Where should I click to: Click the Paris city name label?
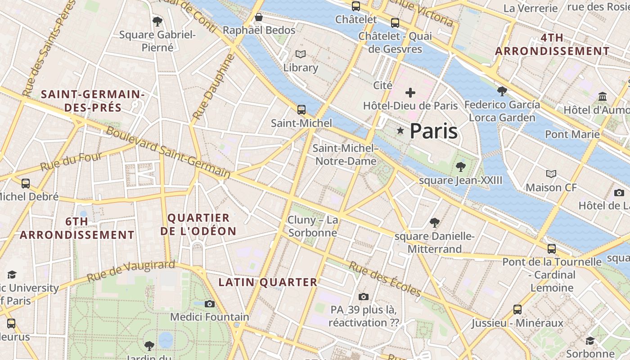(x=433, y=131)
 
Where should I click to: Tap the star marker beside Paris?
(x=400, y=130)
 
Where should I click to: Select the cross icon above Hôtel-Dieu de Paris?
(x=410, y=93)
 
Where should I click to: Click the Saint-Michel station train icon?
(x=301, y=109)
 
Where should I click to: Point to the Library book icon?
(x=301, y=54)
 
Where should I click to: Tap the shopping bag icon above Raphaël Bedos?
(x=259, y=17)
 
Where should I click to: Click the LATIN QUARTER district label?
(x=268, y=282)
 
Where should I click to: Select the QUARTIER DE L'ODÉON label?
(x=198, y=225)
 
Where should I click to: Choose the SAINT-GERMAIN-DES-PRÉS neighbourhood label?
(x=93, y=101)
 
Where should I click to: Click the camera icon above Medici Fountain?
(x=209, y=304)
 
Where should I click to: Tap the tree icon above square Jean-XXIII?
(x=460, y=167)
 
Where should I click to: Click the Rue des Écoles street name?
(x=385, y=279)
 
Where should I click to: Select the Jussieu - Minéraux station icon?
(x=517, y=310)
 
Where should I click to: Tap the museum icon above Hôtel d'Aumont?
(x=603, y=96)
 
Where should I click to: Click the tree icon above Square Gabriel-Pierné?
(x=157, y=21)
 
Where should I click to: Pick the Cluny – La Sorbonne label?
(x=313, y=226)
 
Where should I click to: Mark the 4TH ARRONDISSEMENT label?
(x=552, y=45)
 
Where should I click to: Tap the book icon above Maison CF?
(x=551, y=174)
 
